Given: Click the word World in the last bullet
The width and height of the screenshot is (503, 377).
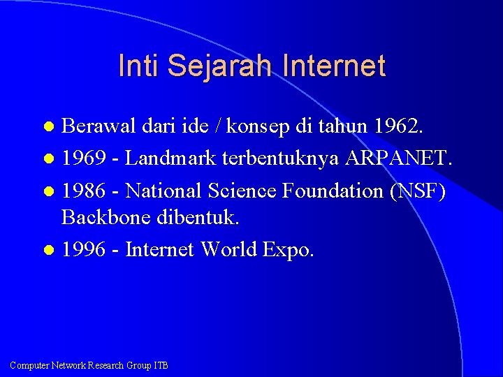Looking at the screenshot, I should click(229, 249).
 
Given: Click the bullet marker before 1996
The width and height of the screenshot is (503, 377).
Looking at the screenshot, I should click(48, 250).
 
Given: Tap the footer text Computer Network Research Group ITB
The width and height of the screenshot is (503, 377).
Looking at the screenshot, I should click(89, 365).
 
